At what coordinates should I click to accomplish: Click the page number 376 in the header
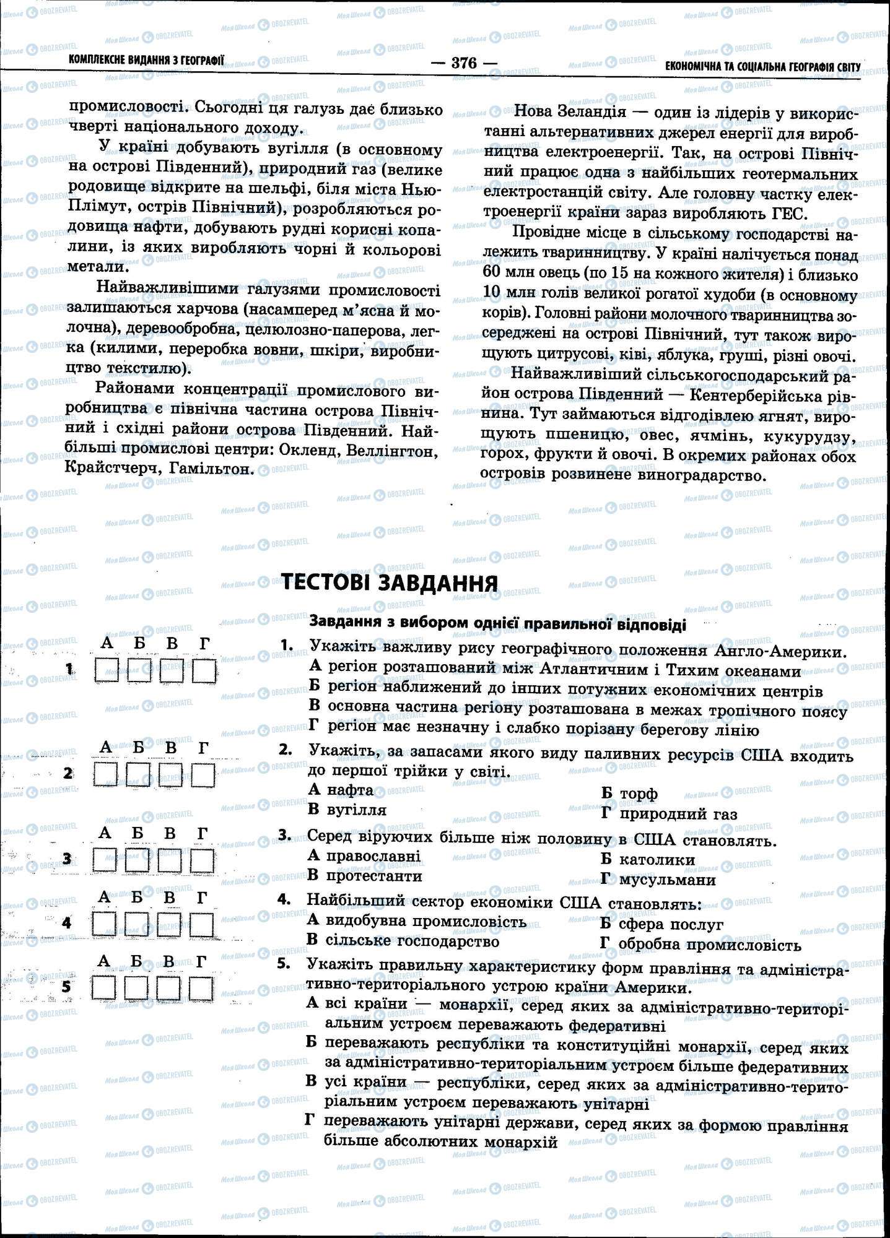click(x=463, y=63)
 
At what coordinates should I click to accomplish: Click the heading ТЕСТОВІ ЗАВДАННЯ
click(x=390, y=583)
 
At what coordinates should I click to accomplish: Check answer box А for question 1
click(x=107, y=670)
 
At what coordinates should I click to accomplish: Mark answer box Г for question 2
click(x=202, y=774)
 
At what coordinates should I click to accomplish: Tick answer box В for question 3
click(x=169, y=860)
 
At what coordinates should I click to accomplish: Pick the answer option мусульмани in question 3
click(x=667, y=880)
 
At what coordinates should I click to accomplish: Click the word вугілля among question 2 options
click(x=357, y=810)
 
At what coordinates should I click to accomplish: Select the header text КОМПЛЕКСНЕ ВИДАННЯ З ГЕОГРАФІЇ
click(x=147, y=60)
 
